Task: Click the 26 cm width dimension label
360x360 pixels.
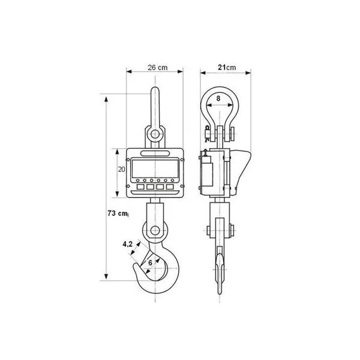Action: pos(157,67)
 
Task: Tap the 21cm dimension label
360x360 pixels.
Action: pos(227,67)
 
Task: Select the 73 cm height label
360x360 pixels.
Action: pos(118,213)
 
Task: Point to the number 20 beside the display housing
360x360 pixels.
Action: pos(121,169)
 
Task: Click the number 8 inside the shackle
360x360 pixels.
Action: pos(218,98)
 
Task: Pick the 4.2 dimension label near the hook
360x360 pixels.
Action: pos(127,244)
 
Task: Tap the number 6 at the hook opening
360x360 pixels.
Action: pos(150,263)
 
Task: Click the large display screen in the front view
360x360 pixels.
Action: pos(155,168)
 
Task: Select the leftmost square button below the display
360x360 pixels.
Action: pos(140,187)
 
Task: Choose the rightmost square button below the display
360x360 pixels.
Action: pos(170,187)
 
